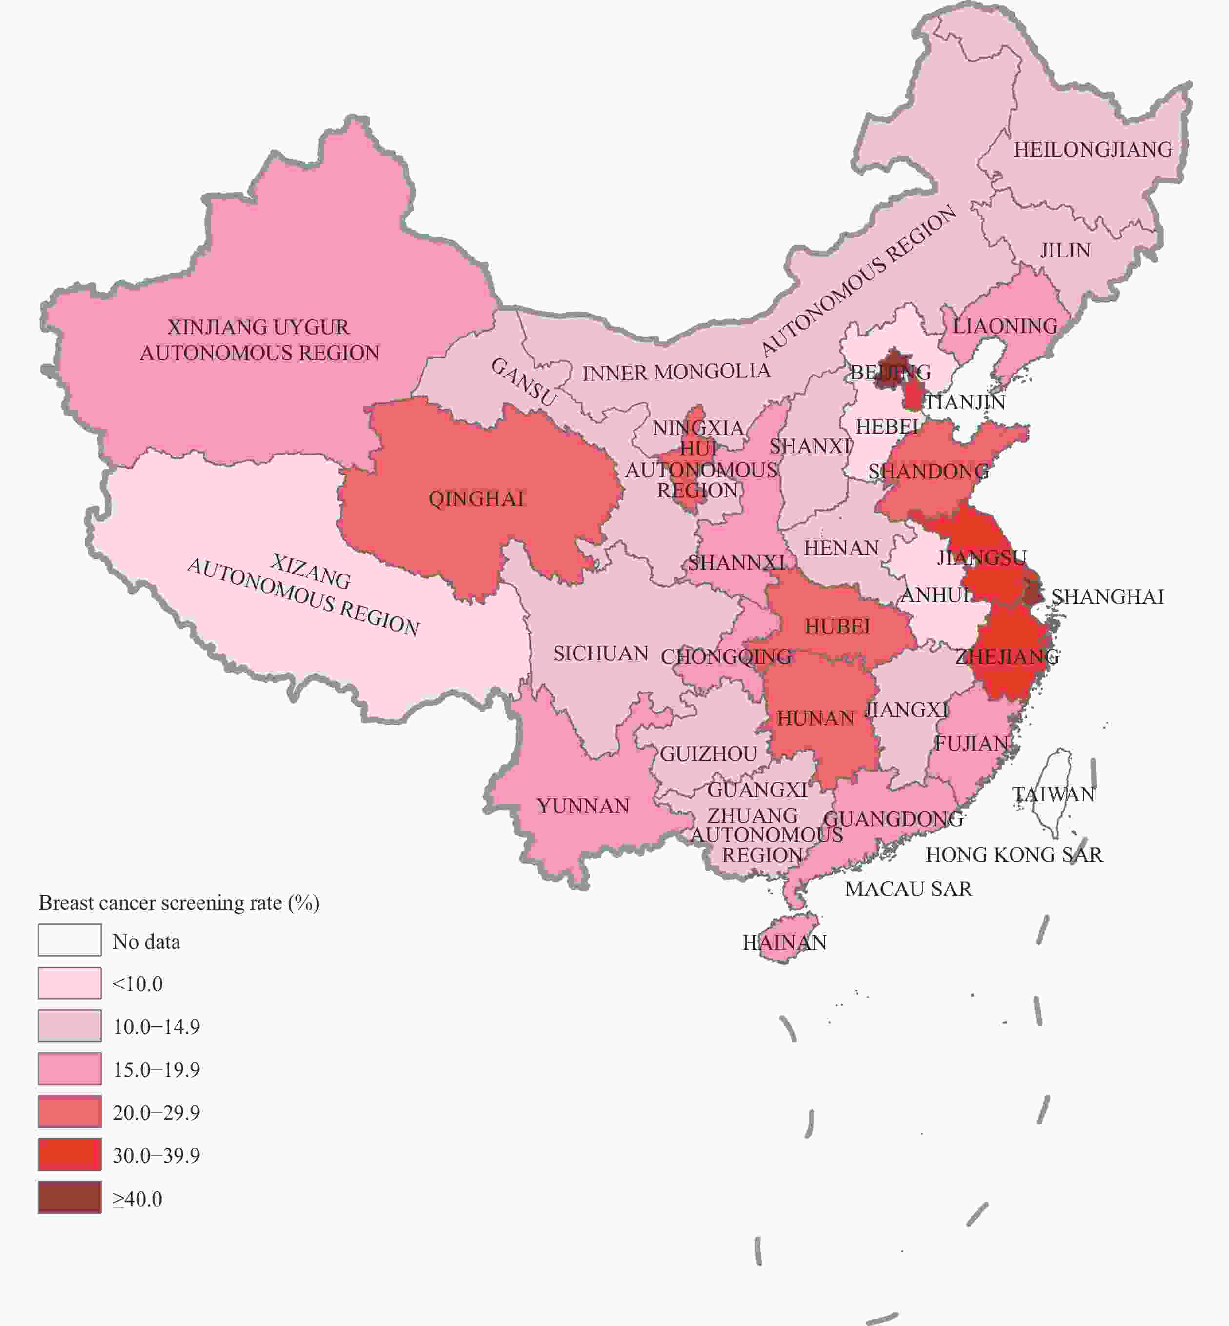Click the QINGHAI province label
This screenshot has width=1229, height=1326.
[x=476, y=499]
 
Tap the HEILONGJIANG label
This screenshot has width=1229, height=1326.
[x=1092, y=150]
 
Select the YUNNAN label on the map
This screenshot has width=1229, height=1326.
[x=583, y=806]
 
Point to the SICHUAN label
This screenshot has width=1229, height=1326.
[x=600, y=653]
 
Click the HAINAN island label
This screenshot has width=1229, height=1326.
[x=784, y=942]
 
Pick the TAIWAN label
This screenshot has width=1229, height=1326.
[x=1053, y=794]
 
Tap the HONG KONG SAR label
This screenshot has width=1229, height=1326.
[x=1013, y=854]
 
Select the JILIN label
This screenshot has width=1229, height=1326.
[x=1065, y=251]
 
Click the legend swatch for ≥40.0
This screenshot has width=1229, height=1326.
[x=70, y=1198]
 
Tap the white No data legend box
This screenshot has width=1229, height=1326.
[x=70, y=940]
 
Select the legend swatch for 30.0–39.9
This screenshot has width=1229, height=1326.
[x=70, y=1154]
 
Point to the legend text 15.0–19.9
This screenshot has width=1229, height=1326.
[x=156, y=1069]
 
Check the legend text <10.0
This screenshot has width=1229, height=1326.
[x=138, y=984]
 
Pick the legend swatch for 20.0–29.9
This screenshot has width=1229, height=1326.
[x=70, y=1112]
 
